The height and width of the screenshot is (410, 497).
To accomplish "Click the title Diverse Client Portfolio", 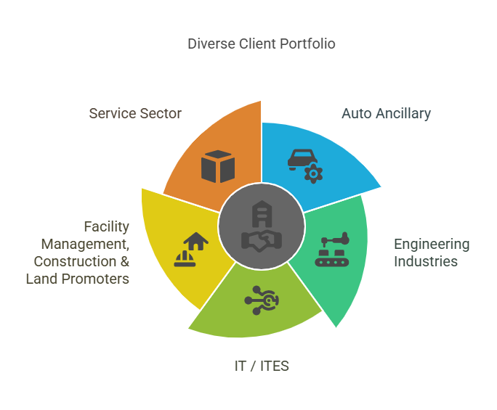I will click(262, 44).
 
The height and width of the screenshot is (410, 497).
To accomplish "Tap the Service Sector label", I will click(135, 113).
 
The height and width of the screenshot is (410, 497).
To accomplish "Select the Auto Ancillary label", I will click(386, 113).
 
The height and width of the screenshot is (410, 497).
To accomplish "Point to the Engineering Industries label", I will click(432, 253).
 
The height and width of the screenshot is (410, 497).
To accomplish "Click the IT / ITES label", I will click(262, 366).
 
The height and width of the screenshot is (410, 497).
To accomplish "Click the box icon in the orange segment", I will click(218, 166).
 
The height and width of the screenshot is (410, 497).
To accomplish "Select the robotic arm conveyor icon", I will click(332, 249).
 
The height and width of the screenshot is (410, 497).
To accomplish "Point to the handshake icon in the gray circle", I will click(262, 239).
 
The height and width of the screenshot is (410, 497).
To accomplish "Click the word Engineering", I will click(432, 244).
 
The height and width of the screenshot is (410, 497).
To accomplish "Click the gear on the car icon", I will click(313, 173).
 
